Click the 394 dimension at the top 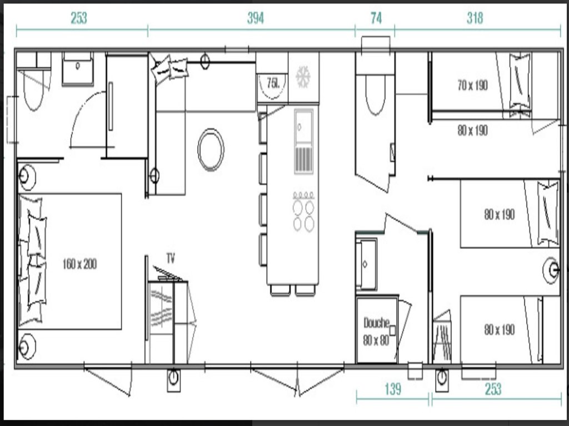pos(256,18)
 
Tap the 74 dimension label pos(376,18)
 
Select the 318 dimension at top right pos(475,18)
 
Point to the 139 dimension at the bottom pos(393,389)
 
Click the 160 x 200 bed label pos(79,263)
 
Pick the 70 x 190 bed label pos(472,85)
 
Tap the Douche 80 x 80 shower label pos(377,332)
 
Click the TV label pos(171,258)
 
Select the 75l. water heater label pos(273,83)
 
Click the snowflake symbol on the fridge pos(303,77)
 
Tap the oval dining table pos(211,150)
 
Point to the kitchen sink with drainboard pos(304,141)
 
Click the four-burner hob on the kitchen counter pos(304,211)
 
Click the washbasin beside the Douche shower pos(367,265)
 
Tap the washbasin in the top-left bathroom pos(78,69)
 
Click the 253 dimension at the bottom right pos(493,389)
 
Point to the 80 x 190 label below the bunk pos(472,130)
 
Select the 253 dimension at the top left pos(79,18)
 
